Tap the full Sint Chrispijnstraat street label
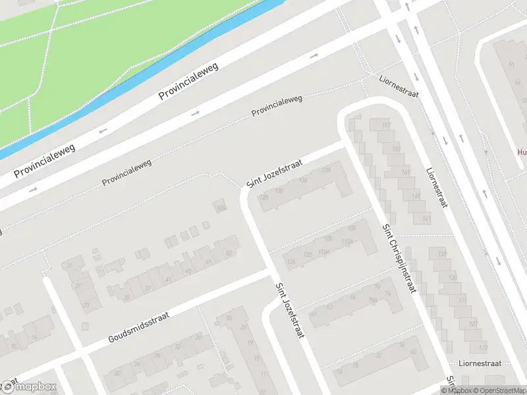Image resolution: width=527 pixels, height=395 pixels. click(399, 258)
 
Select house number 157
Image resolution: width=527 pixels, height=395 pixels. click(386, 125)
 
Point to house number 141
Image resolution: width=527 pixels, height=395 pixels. click(426, 219)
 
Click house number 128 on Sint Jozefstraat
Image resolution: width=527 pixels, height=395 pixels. click(263, 197)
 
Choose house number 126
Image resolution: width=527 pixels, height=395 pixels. click(291, 262)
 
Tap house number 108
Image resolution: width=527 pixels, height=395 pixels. click(351, 228)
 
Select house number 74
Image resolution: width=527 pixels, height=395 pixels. click(387, 294)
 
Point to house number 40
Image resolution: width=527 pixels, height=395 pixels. click(412, 351)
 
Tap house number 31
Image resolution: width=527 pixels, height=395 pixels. click(70, 265)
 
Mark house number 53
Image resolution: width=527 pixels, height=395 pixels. click(229, 253)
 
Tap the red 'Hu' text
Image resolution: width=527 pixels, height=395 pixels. click(521, 151)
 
